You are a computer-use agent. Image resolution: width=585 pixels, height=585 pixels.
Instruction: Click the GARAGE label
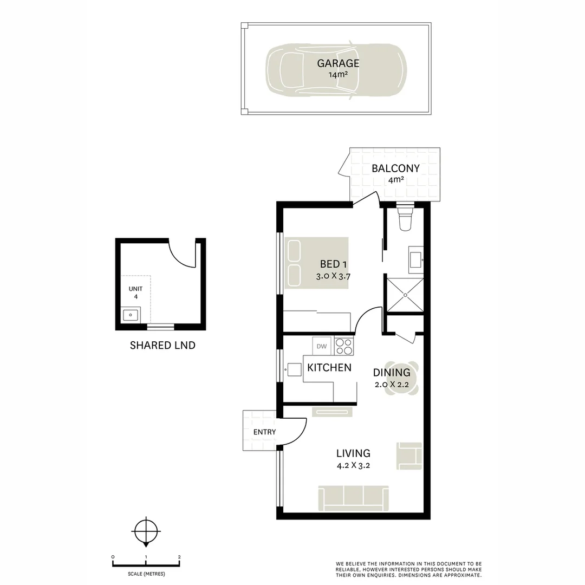click(338, 63)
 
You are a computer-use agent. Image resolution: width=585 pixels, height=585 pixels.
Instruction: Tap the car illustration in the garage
click(292, 69)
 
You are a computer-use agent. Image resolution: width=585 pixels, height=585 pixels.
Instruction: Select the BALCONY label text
click(395, 168)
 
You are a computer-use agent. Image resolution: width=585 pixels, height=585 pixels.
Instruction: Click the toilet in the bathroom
click(405, 219)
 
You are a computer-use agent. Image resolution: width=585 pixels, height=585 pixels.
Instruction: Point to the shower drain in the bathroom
click(405, 294)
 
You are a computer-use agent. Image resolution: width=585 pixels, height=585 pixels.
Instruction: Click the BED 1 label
click(333, 264)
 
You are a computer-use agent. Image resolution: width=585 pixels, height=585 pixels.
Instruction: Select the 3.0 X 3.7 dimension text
click(334, 276)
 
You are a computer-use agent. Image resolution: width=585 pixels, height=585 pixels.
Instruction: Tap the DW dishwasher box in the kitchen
click(321, 345)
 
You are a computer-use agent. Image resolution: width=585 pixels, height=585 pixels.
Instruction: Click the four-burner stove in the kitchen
click(344, 346)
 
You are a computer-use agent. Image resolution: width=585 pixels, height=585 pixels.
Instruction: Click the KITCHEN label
click(329, 368)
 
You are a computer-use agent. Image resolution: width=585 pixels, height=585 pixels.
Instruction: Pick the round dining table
click(402, 378)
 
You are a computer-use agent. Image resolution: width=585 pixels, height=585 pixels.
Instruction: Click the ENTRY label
click(264, 432)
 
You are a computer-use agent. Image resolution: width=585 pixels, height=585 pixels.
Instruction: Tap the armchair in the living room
click(409, 456)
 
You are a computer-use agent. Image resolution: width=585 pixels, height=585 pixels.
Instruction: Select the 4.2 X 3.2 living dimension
click(353, 465)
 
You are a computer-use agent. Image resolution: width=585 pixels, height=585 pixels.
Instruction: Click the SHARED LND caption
click(162, 345)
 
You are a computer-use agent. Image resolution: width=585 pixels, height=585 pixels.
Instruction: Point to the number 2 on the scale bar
click(179, 557)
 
